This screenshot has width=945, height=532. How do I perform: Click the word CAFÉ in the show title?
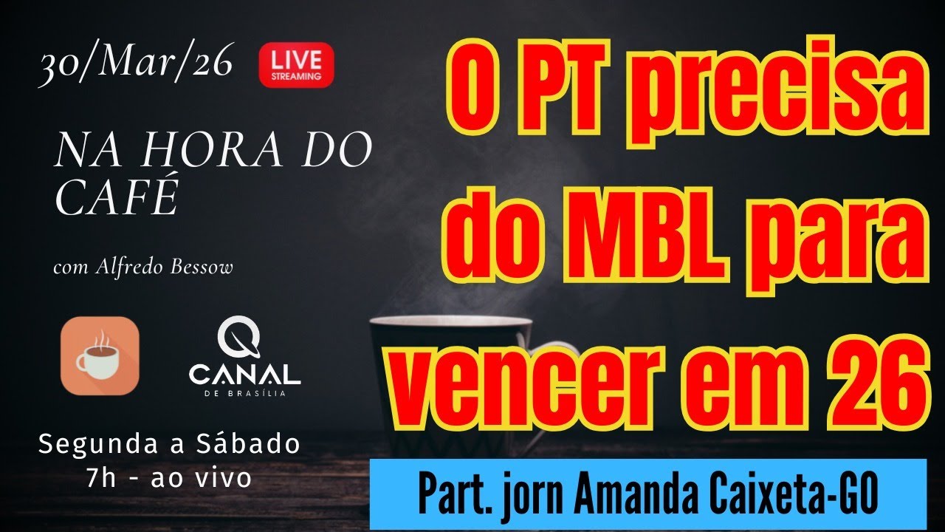coord(117,197)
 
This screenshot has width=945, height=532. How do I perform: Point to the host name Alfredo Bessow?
coord(165,267)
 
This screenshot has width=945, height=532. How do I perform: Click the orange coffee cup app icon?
coord(100,355)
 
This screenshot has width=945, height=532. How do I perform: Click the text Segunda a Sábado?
coord(169,445)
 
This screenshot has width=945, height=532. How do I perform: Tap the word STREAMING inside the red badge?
coord(296,75)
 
